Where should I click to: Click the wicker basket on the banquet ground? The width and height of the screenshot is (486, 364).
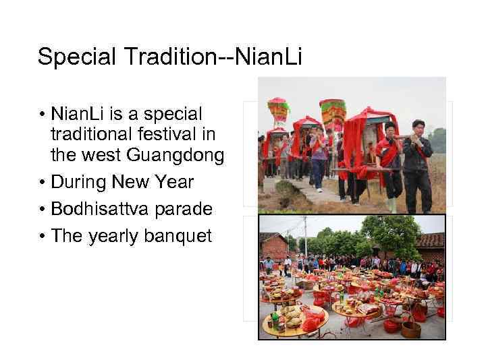point(410,329)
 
